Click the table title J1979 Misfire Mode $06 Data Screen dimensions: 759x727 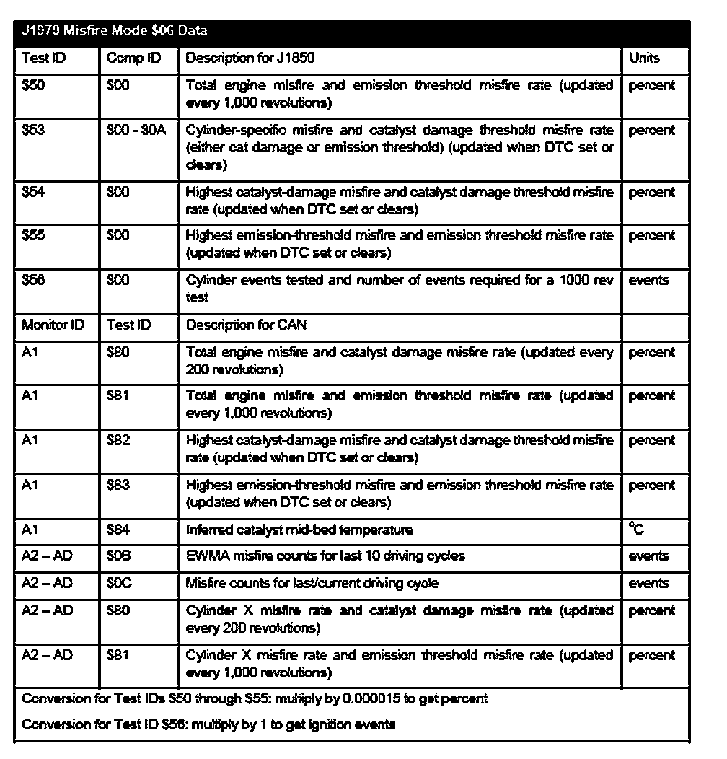[115, 31]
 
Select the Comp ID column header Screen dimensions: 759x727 [133, 58]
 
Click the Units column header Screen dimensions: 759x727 [644, 58]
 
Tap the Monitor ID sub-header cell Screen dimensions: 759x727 [53, 325]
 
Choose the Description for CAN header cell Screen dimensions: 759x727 [246, 325]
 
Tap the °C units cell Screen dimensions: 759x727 [636, 530]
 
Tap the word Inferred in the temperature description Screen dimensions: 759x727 [208, 530]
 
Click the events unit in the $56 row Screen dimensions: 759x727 [648, 281]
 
